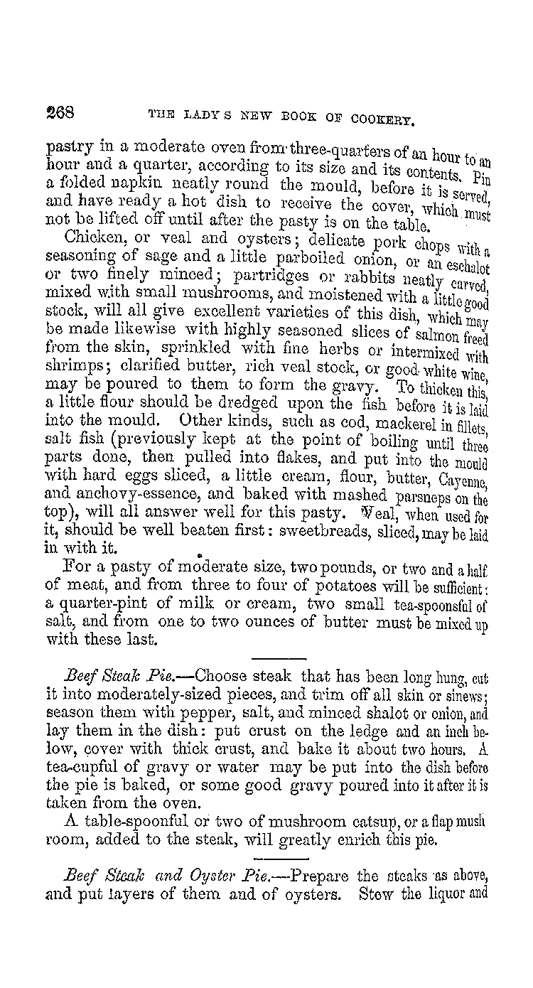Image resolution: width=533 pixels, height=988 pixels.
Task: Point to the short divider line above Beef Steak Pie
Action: (278, 658)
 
